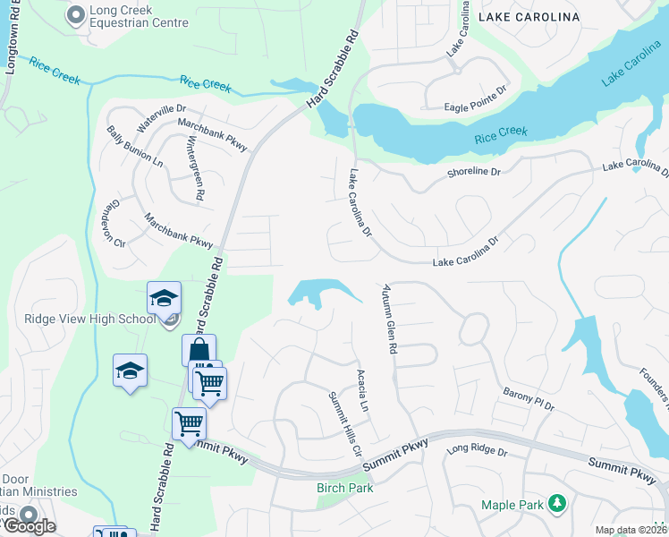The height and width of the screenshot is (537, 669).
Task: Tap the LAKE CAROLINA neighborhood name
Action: coord(529,17)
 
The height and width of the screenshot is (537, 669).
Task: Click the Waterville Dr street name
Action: coord(148,116)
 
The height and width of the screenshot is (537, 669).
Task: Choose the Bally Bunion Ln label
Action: coord(135,148)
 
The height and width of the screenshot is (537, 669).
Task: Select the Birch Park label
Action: coord(344,488)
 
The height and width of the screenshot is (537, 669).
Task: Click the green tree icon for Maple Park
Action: coord(558,505)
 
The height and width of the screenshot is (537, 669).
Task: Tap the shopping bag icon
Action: coord(198,349)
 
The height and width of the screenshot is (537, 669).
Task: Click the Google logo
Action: coord(29,525)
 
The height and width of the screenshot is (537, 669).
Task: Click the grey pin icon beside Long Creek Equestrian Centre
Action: coord(75,15)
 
